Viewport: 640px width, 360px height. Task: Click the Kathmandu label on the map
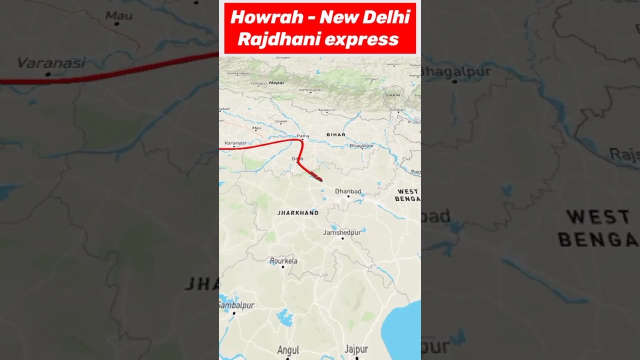(x=310, y=90)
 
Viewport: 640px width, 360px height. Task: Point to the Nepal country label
(x=276, y=82)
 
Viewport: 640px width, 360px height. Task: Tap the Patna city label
(x=303, y=135)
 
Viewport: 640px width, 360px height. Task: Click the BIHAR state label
(x=335, y=134)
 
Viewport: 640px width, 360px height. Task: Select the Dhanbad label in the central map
(x=348, y=191)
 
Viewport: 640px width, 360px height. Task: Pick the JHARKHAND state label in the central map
(x=298, y=212)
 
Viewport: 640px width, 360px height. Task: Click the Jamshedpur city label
(x=342, y=232)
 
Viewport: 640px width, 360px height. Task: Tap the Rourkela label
(x=283, y=260)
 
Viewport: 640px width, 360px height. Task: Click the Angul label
(x=288, y=350)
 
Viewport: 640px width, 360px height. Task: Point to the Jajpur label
(x=356, y=349)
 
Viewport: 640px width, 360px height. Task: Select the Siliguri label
(x=397, y=109)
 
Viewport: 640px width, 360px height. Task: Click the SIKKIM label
(x=393, y=95)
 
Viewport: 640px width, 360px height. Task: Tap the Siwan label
(x=281, y=121)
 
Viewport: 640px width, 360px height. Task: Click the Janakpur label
(x=327, y=109)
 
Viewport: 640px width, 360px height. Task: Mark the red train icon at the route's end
(x=315, y=175)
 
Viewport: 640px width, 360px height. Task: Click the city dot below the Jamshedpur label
(x=342, y=238)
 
